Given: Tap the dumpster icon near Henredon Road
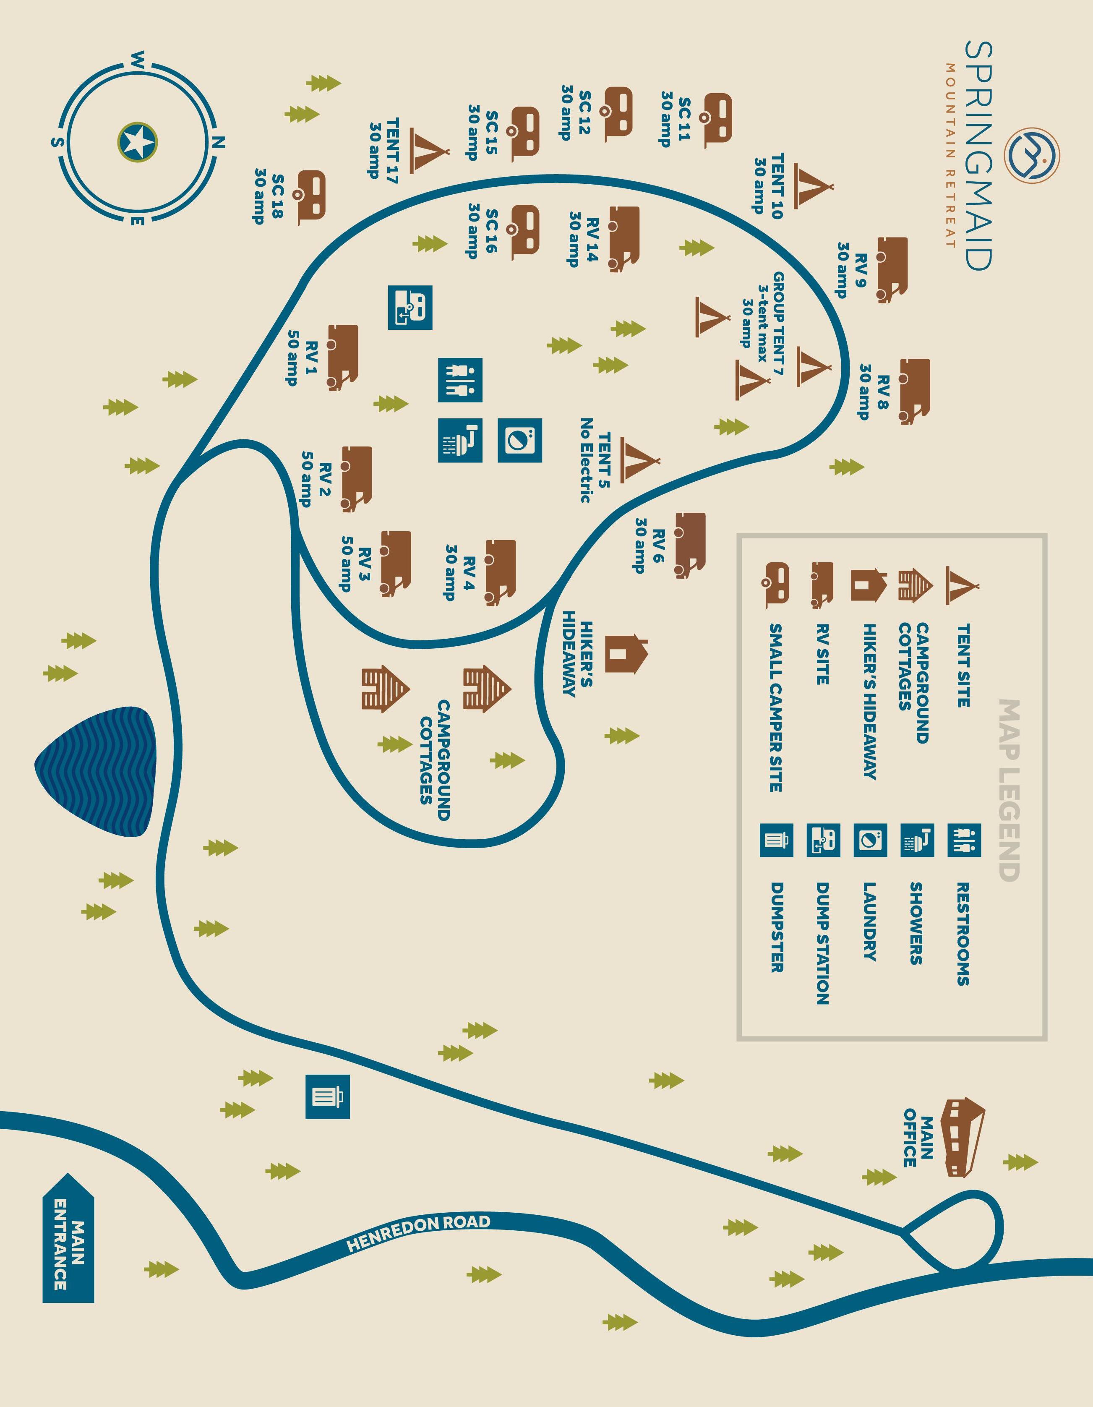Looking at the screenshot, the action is [327, 1096].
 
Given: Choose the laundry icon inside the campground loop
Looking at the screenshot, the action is [520, 441].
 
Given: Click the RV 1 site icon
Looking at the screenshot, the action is [343, 357].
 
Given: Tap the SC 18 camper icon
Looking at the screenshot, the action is [312, 197].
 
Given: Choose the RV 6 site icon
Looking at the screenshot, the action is [690, 545].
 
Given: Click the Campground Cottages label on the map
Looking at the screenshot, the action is [434, 760].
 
